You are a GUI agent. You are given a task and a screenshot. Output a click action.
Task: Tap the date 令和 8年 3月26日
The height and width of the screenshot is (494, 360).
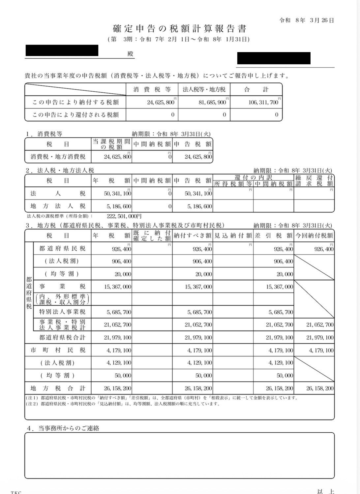(307, 20)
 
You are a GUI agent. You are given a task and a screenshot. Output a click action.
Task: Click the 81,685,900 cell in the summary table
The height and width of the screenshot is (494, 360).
(212, 103)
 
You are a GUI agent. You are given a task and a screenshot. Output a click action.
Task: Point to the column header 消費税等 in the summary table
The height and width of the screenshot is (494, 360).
(152, 89)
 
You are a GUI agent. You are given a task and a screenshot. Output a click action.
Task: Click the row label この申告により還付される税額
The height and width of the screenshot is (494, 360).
(75, 115)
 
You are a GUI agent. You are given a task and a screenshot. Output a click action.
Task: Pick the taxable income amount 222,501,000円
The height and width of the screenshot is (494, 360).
(124, 216)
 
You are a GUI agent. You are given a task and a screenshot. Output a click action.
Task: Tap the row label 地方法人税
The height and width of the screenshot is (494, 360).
(58, 206)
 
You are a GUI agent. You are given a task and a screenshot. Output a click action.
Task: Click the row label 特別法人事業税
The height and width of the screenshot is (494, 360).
(62, 312)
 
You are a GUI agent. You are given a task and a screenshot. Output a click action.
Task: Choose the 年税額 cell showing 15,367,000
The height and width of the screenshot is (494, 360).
(117, 287)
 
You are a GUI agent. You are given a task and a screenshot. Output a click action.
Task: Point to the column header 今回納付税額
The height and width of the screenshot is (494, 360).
(314, 235)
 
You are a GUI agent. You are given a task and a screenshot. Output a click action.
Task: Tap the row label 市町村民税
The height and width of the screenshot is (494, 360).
(58, 350)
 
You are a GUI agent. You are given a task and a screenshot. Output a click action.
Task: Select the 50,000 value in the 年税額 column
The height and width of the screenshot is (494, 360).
(124, 375)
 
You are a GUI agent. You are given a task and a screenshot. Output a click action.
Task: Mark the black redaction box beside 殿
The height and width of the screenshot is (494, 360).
(62, 50)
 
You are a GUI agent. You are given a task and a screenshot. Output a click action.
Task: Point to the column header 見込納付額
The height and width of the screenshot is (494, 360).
(233, 235)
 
